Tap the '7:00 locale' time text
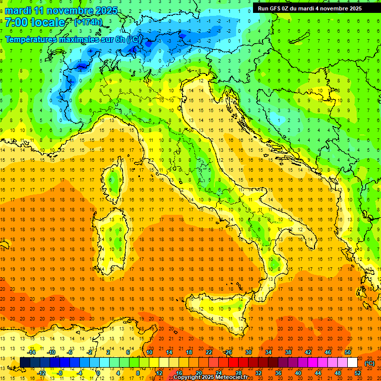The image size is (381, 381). pyautogui.click(x=35, y=22)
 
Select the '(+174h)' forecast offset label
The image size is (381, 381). pyautogui.click(x=88, y=22)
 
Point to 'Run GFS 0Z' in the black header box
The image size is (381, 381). pyautogui.click(x=274, y=8)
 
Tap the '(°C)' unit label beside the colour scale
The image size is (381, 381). pyautogui.click(x=370, y=363)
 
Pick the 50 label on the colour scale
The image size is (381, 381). pyautogui.click(x=348, y=352)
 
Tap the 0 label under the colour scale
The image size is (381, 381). pyautogui.click(x=98, y=373)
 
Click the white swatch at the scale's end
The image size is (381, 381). pyautogui.click(x=353, y=363)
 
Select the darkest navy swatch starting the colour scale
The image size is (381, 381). pyautogui.click(x=25, y=363)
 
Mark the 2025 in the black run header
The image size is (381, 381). pyautogui.click(x=354, y=8)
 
